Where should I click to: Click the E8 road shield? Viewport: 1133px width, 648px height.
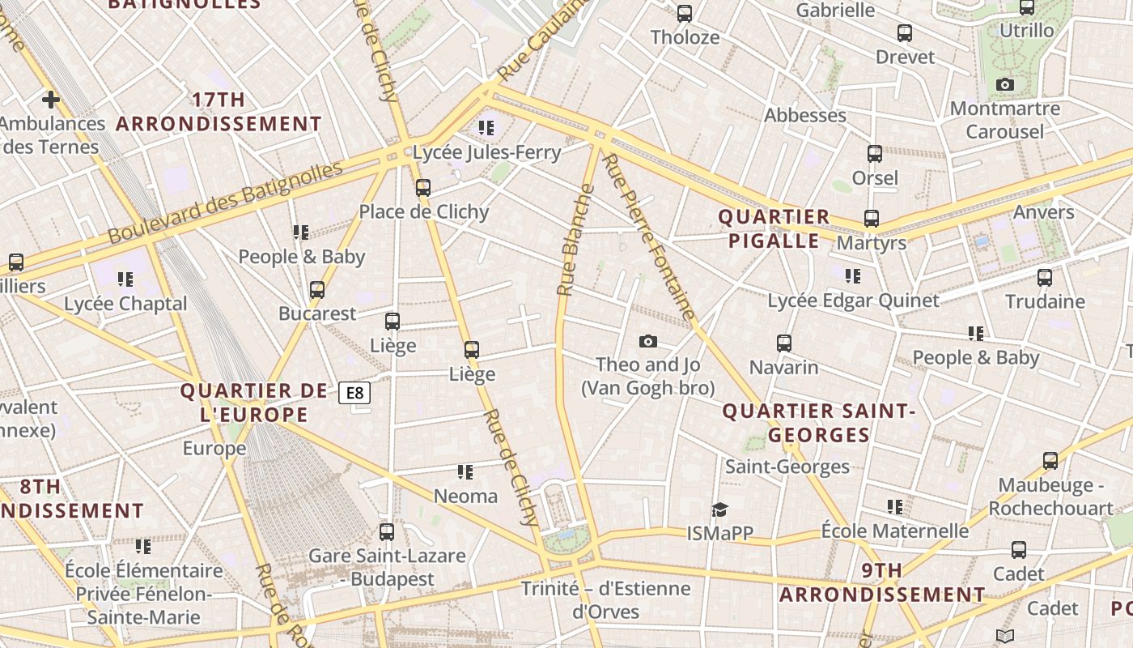354,394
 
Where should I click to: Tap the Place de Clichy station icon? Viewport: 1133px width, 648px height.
422,188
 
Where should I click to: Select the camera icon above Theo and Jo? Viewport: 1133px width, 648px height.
647,341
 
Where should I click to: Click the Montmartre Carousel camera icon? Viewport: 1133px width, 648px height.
1004,84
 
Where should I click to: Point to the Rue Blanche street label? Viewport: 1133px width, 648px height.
575,240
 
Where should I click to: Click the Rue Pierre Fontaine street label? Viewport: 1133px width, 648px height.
650,237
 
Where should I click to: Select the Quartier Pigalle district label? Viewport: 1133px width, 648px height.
774,228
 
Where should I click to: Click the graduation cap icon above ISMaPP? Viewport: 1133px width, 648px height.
719,509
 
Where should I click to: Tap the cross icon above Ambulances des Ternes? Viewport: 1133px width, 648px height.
50,100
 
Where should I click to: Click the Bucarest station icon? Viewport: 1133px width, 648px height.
317,289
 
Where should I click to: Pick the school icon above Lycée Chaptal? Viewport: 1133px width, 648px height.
125,279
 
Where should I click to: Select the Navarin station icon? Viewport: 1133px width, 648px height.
783,343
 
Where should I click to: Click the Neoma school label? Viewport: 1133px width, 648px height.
465,496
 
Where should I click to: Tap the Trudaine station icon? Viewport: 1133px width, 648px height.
1045,278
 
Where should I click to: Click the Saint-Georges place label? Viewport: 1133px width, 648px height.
787,467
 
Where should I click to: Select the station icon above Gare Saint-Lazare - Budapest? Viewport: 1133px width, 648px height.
387,532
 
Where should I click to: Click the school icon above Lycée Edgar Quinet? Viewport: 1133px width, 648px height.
852,276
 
